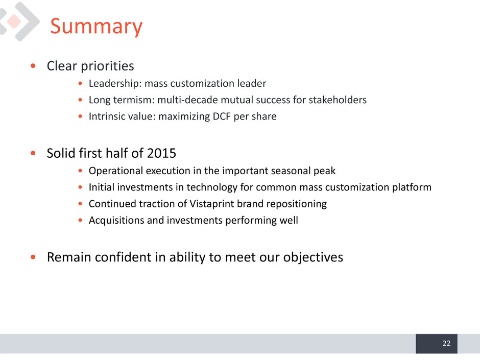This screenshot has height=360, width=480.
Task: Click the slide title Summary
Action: (96, 27)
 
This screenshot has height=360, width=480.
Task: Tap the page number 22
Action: (446, 343)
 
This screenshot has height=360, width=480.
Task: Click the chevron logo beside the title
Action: (19, 21)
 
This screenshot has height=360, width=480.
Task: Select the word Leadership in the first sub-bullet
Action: (115, 84)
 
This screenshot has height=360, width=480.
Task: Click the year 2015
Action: (161, 153)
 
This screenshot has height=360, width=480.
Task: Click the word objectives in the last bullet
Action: (313, 257)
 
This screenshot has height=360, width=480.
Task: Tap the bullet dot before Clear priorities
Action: (33, 66)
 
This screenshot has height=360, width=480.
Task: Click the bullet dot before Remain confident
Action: (33, 257)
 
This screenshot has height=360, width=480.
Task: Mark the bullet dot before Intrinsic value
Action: (80, 116)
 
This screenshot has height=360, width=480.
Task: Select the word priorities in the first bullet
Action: (107, 66)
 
